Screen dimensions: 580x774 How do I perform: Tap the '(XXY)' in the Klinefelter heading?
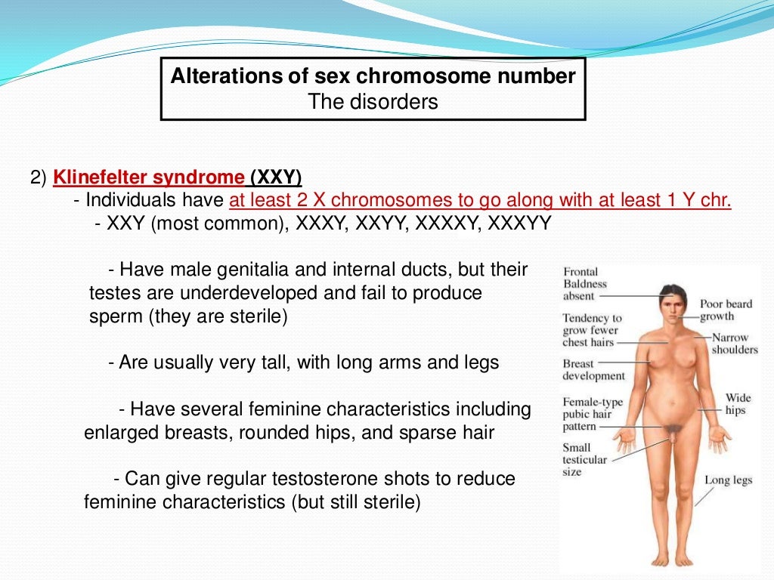[x=275, y=178]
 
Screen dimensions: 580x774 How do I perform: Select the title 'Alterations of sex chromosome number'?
[x=373, y=76]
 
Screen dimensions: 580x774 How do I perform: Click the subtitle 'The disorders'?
[x=373, y=101]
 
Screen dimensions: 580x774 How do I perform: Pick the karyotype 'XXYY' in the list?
[x=385, y=224]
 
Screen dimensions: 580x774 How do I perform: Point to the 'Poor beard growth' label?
[x=726, y=310]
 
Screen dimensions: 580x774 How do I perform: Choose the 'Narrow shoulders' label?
[x=733, y=344]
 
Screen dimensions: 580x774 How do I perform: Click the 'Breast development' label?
[x=593, y=369]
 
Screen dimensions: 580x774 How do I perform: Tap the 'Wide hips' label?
[x=737, y=403]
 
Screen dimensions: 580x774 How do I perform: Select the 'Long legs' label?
[x=729, y=480]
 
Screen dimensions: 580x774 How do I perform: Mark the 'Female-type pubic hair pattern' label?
[x=592, y=414]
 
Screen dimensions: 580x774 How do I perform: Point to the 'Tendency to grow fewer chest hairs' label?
[x=591, y=330]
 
